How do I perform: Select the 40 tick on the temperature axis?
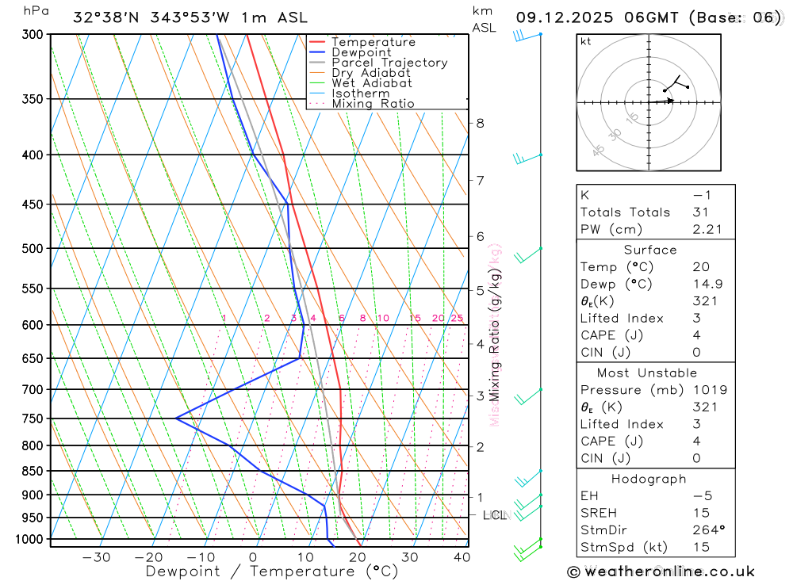(461, 557)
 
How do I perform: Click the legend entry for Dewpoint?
(361, 52)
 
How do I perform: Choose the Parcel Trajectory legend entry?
(389, 63)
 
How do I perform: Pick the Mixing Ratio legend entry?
(373, 103)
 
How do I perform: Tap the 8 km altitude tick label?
(480, 123)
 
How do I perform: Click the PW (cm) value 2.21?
(704, 229)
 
